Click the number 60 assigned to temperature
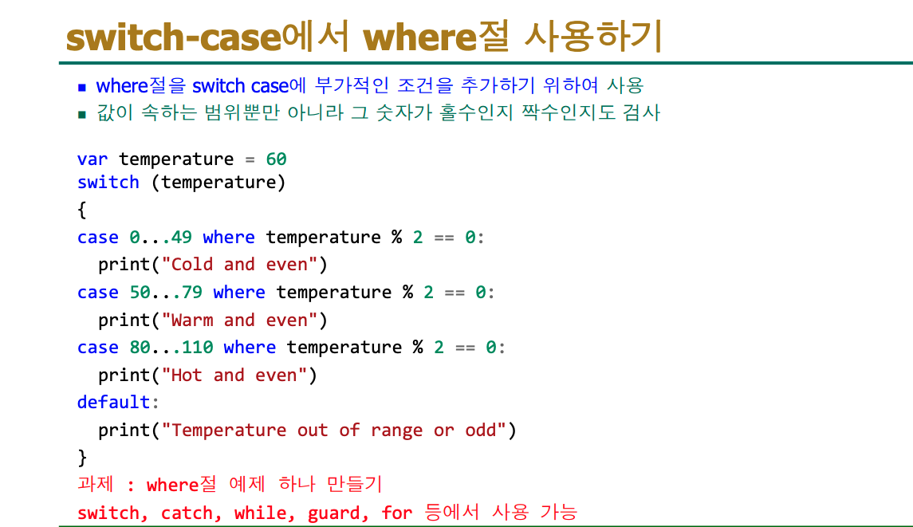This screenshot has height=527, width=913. pos(276,159)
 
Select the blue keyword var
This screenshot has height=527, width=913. pos(92,159)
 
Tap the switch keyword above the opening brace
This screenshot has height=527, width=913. pos(108,183)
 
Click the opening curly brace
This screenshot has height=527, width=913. pos(82,210)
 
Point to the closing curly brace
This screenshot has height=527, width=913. pos(82,457)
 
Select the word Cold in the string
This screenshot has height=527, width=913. pos(192,265)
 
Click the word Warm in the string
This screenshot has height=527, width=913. pos(192,321)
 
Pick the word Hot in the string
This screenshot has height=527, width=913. pos(187,375)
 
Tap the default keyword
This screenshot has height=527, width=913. pos(113,402)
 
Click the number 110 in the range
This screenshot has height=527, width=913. pos(198,347)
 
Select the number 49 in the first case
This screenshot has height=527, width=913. pos(182,237)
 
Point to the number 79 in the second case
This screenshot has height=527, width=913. pos(192,292)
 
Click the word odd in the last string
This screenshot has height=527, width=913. pos(480,430)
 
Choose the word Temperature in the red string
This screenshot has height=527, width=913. pos(229,431)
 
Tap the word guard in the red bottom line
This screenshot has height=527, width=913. pos(333,513)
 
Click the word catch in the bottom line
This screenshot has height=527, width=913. pos(187,513)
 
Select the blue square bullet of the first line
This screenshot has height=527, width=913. pos(82,88)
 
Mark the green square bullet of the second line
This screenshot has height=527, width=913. pos(82,114)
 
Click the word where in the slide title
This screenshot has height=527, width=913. pos(419,37)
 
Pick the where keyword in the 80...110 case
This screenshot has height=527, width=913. pos(250,347)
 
